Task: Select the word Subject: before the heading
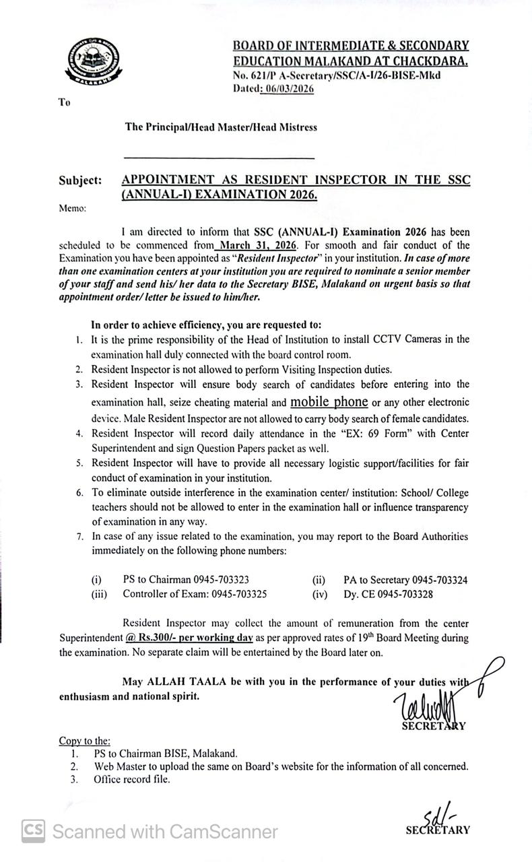point(80,180)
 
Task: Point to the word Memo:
point(73,208)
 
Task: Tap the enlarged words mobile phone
point(329,402)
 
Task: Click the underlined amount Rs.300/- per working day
point(189,637)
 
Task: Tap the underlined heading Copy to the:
point(85,741)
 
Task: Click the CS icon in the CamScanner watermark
point(34,830)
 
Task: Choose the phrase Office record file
point(132,779)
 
